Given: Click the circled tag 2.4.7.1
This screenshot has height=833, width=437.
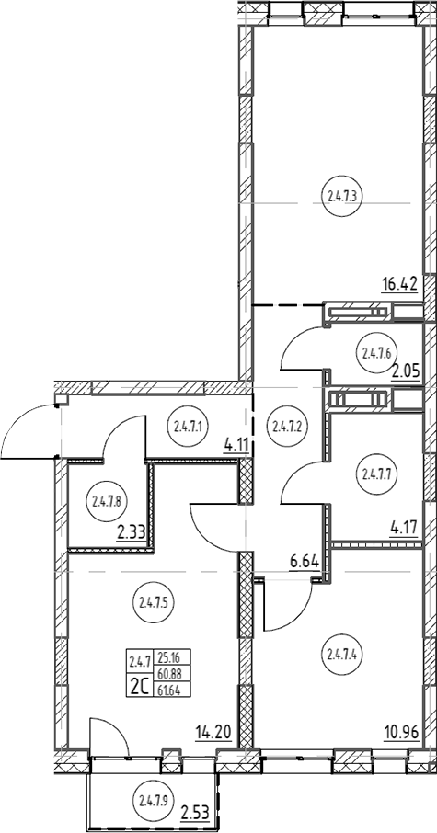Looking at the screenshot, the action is pyautogui.click(x=189, y=425).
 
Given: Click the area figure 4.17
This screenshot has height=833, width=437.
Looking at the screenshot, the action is pyautogui.click(x=404, y=529).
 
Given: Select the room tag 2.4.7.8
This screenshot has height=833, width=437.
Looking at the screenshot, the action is pyautogui.click(x=107, y=500).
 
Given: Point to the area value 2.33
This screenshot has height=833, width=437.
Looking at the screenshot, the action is pyautogui.click(x=132, y=531).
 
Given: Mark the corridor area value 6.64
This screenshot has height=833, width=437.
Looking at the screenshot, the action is pyautogui.click(x=304, y=561).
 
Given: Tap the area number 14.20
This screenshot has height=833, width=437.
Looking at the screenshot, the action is pyautogui.click(x=213, y=733).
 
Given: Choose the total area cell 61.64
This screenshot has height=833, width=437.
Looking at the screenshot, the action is pyautogui.click(x=166, y=690).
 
